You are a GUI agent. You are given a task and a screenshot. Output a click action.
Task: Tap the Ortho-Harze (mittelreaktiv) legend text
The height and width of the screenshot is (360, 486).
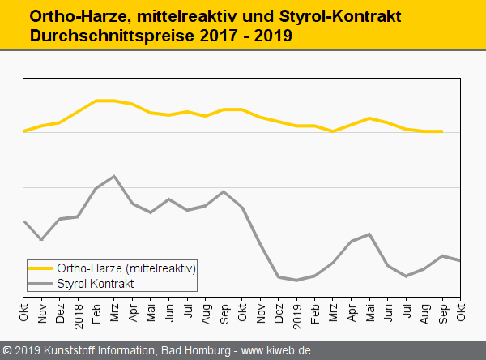click(x=126, y=268)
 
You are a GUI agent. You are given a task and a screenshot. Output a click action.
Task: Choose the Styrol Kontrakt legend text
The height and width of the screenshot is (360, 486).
click(x=96, y=283)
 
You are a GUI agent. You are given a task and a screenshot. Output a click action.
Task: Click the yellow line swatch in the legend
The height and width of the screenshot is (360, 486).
click(x=40, y=268)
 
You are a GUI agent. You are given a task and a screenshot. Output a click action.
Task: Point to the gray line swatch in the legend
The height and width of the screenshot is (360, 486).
click(x=40, y=283)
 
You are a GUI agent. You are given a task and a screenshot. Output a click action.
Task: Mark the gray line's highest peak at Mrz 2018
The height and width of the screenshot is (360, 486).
click(x=115, y=176)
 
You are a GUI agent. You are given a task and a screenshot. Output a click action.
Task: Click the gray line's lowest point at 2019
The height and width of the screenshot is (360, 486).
click(x=297, y=281)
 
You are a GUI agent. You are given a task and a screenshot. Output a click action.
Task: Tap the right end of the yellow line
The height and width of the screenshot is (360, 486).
click(x=442, y=131)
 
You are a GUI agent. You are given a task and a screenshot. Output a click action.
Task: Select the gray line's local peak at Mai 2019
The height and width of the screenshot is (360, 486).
click(x=369, y=234)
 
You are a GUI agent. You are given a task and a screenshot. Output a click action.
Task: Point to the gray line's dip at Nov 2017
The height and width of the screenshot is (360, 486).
click(x=41, y=240)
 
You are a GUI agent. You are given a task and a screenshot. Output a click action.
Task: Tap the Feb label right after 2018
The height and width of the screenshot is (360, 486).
click(x=96, y=311)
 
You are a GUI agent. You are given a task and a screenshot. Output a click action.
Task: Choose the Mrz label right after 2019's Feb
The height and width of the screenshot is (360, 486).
click(x=333, y=311)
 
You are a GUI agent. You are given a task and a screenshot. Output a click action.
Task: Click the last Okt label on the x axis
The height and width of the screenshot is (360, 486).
click(x=461, y=311)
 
